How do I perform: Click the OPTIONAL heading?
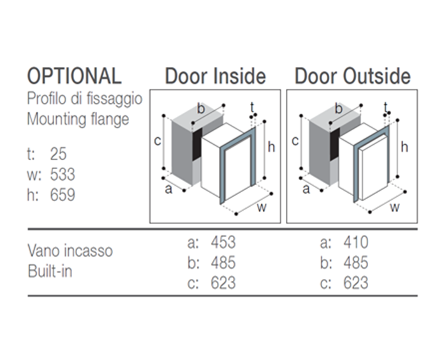tap(74, 75)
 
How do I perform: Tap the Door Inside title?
tap(216, 76)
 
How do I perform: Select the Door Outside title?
tap(353, 76)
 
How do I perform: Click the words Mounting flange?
tap(78, 119)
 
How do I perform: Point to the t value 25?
tap(58, 154)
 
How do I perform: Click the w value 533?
tap(63, 174)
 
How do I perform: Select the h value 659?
tap(63, 195)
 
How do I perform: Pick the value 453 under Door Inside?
tap(223, 243)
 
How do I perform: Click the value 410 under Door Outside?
tap(356, 243)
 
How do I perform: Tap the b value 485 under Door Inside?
tap(223, 262)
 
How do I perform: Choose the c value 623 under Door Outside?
tap(356, 283)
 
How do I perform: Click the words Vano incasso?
tap(70, 251)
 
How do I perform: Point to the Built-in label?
tap(50, 271)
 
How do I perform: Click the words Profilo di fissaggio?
tap(84, 99)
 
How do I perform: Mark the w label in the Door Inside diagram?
tap(262, 207)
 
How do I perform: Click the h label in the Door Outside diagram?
tap(404, 147)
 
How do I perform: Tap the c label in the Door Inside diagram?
tap(158, 141)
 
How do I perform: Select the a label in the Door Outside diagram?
tap(306, 189)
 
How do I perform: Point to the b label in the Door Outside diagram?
tap(338, 109)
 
